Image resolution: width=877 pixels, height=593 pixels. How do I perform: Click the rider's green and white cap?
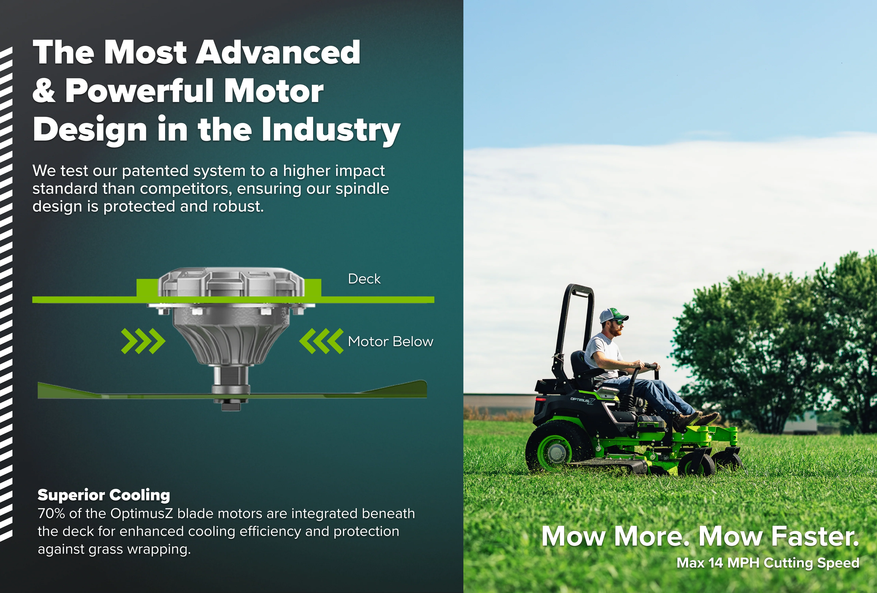tap(613, 316)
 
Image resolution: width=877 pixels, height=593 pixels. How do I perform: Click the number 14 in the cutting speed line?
tap(715, 563)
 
